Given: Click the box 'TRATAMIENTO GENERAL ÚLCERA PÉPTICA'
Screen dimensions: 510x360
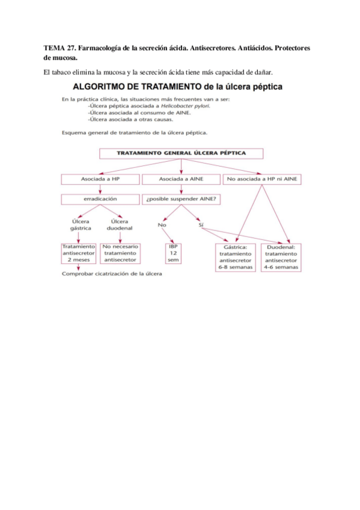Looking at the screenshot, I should (180, 153).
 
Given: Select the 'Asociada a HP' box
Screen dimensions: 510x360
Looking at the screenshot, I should (100, 179).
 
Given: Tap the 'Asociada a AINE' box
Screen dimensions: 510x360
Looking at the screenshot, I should (180, 179).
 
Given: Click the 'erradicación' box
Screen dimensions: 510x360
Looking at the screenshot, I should (100, 198).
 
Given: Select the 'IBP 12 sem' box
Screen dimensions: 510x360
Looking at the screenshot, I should (174, 253).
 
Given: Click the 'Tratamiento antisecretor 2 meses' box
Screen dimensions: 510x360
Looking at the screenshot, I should (78, 253).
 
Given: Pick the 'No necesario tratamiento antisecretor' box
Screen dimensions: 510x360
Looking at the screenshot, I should (120, 253).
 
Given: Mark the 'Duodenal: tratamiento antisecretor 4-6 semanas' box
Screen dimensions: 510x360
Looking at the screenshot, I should (281, 257).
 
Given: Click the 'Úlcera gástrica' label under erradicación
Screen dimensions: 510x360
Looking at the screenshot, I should (81, 225).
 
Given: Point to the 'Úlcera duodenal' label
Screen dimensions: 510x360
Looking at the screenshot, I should (120, 225).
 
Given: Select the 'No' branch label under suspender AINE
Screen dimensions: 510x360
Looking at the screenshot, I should (162, 225).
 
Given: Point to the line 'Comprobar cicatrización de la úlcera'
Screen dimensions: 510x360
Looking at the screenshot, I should (112, 275).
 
